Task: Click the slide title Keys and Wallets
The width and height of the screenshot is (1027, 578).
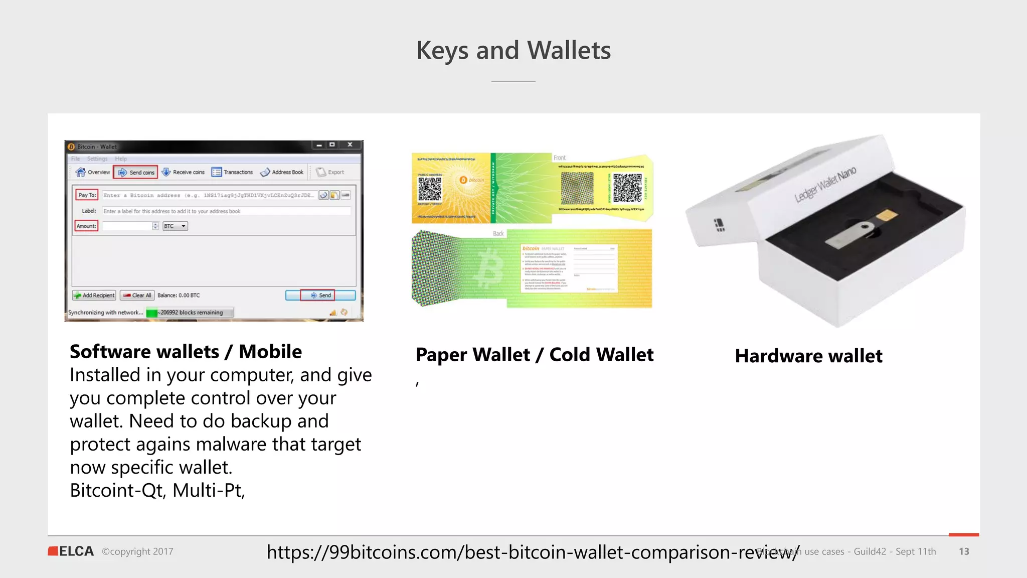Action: point(513,51)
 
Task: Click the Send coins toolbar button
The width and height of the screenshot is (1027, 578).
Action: point(136,173)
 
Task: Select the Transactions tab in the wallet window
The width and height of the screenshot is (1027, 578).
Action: point(232,173)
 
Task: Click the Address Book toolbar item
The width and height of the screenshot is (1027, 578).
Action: point(282,173)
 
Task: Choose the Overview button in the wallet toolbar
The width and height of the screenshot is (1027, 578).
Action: point(93,173)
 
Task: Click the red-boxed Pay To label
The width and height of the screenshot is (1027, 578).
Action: point(87,195)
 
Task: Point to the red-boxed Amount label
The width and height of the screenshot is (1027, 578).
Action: point(86,226)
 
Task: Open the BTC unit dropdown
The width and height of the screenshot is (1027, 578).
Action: point(175,226)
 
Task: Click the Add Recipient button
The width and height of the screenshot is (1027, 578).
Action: point(94,296)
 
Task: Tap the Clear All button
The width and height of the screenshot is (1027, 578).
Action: point(137,296)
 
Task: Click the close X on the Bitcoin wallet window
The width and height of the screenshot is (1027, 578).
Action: point(350,145)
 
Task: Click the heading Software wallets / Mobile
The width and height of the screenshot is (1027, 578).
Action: point(186,352)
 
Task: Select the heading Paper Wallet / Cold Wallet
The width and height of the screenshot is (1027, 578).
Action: point(535,355)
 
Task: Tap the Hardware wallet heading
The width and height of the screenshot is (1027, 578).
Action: point(808,356)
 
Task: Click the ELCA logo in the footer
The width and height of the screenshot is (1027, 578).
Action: point(71,551)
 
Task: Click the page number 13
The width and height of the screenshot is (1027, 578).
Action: point(964,551)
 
